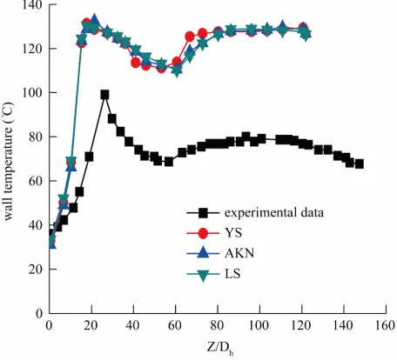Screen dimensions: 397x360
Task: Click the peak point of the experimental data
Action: [x=104, y=95]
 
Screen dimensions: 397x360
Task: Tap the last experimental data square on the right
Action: [x=360, y=164]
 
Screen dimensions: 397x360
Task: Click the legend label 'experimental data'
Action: [x=274, y=213]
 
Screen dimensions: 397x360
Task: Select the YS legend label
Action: [x=233, y=233]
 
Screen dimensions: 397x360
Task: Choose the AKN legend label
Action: [x=239, y=253]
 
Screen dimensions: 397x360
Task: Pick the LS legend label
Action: [x=232, y=274]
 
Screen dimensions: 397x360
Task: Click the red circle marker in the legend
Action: [x=203, y=233]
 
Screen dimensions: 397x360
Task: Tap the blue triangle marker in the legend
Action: [x=203, y=253]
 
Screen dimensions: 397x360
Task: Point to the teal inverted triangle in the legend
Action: [x=203, y=275]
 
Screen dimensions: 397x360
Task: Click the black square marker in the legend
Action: [x=203, y=213]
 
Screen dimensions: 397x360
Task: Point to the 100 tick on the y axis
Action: [x=32, y=93]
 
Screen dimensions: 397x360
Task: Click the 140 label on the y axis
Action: [x=32, y=5]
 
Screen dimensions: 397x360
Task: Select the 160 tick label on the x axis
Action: [x=385, y=326]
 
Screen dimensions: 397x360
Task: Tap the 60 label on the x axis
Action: [x=175, y=326]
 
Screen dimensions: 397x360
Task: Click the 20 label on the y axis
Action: [x=36, y=270]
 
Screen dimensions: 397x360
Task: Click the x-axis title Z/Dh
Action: [x=220, y=347]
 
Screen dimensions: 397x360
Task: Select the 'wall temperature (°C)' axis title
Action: [x=8, y=161]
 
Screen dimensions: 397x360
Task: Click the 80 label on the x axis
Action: [x=218, y=326]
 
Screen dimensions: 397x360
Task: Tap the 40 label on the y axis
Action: [x=36, y=225]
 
